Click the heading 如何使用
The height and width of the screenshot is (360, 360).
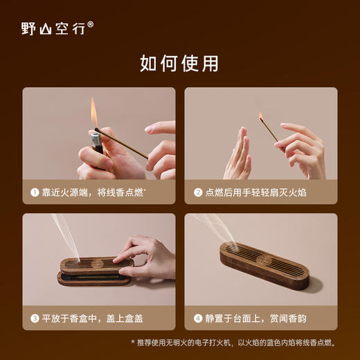(179, 64)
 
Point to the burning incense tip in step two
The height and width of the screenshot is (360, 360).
(261, 116)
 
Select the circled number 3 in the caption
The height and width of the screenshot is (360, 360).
(34, 318)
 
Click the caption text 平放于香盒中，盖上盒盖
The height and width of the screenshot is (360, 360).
(90, 318)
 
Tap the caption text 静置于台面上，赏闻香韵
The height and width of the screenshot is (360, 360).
(255, 318)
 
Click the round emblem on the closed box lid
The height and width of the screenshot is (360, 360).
(264, 259)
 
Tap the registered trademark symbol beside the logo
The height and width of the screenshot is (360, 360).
(91, 24)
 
